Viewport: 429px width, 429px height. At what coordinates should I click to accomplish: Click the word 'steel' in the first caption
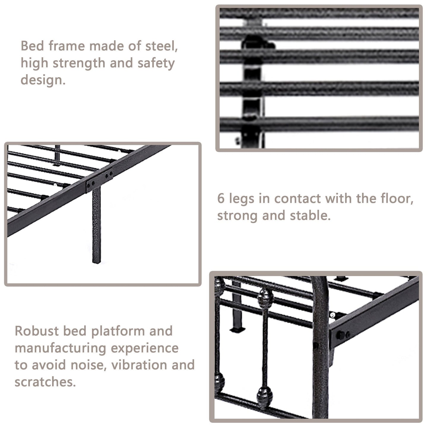pos(161,46)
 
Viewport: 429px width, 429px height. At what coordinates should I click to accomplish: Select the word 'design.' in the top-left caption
pos(43,80)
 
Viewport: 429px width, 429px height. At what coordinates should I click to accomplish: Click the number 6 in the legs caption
pos(221,198)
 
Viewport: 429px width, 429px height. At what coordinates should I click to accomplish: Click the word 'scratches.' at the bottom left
pos(45,382)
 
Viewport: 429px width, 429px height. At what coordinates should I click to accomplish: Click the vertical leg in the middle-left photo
pos(96,226)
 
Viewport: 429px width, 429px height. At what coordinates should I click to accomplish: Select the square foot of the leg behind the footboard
pos(238,329)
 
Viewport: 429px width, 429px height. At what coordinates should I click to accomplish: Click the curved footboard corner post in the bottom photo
pos(321,341)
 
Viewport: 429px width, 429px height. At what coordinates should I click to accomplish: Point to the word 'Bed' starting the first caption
pos(32,46)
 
